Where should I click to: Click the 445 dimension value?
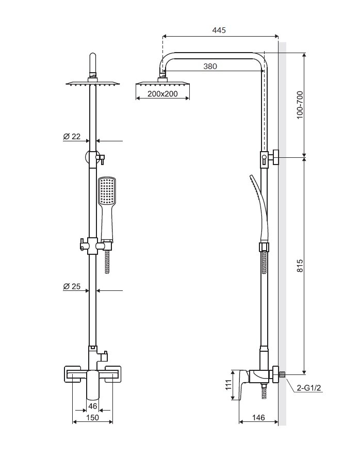click(219, 30)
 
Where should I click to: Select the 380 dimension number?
click(210, 66)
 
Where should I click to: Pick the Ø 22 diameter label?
click(72, 137)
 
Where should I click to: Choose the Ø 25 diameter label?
click(72, 287)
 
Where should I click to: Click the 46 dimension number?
click(93, 406)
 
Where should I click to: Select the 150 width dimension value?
click(93, 417)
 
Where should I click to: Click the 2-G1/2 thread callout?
click(309, 388)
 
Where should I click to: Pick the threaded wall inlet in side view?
click(282, 374)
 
